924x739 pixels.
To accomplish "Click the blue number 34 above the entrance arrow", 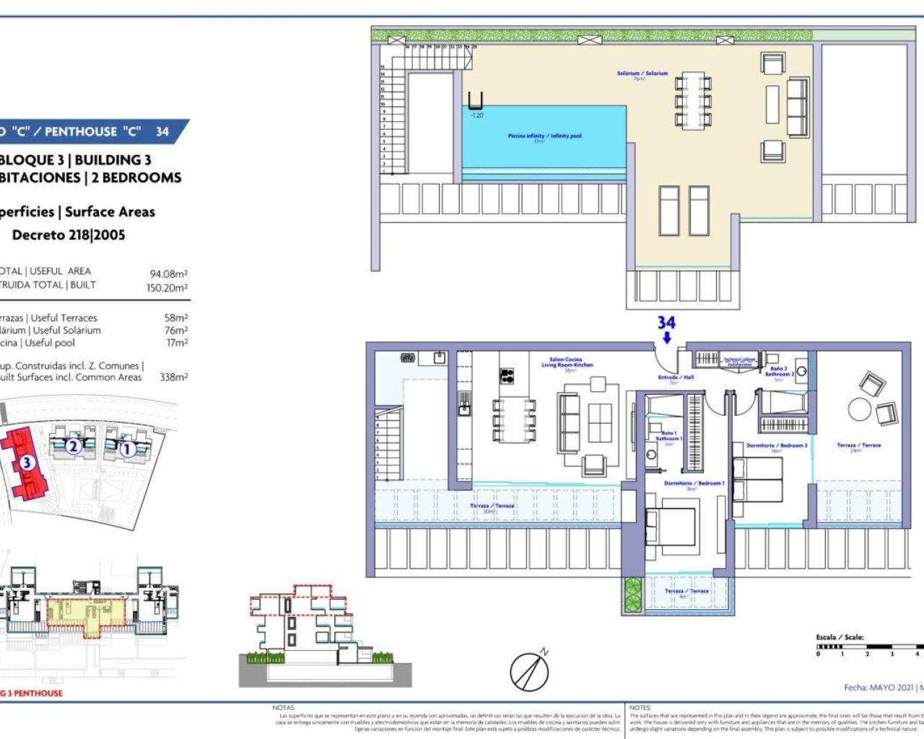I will tap(666, 323).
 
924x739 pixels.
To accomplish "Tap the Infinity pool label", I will tap(544, 136).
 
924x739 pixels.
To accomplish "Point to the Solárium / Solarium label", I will tap(642, 74).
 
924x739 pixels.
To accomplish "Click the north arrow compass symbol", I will tap(529, 672).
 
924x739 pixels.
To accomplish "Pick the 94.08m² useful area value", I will tap(168, 274).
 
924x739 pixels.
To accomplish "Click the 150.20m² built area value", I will tap(167, 287).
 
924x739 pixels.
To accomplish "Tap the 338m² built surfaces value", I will tap(173, 377).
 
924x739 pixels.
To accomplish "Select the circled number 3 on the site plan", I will tap(27, 462).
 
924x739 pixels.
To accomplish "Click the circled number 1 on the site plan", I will tap(127, 449).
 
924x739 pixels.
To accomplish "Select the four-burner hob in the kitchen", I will tap(507, 376).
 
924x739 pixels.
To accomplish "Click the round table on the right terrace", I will tap(860, 409).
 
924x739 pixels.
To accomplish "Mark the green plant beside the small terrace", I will tap(633, 595).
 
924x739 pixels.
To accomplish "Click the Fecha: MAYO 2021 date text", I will tap(879, 688).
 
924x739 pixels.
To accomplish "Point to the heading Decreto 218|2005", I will tap(69, 235).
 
